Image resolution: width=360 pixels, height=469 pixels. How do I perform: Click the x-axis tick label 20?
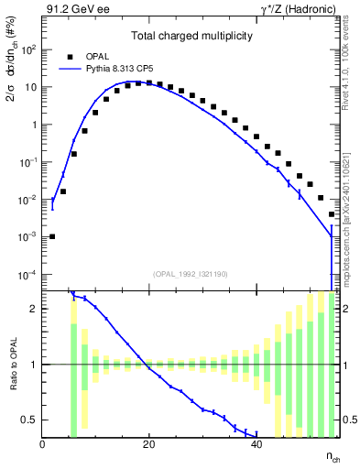click(x=149, y=444)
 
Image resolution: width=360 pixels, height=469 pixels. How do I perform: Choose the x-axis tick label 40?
click(x=256, y=444)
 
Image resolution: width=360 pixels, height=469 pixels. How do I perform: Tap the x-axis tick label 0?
click(x=43, y=444)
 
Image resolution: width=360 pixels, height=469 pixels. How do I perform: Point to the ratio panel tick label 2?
click(x=34, y=309)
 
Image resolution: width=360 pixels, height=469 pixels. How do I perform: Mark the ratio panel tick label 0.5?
click(x=29, y=420)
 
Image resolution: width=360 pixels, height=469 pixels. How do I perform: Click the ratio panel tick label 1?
click(x=34, y=365)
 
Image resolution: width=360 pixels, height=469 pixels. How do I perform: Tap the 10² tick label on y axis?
click(x=28, y=49)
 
